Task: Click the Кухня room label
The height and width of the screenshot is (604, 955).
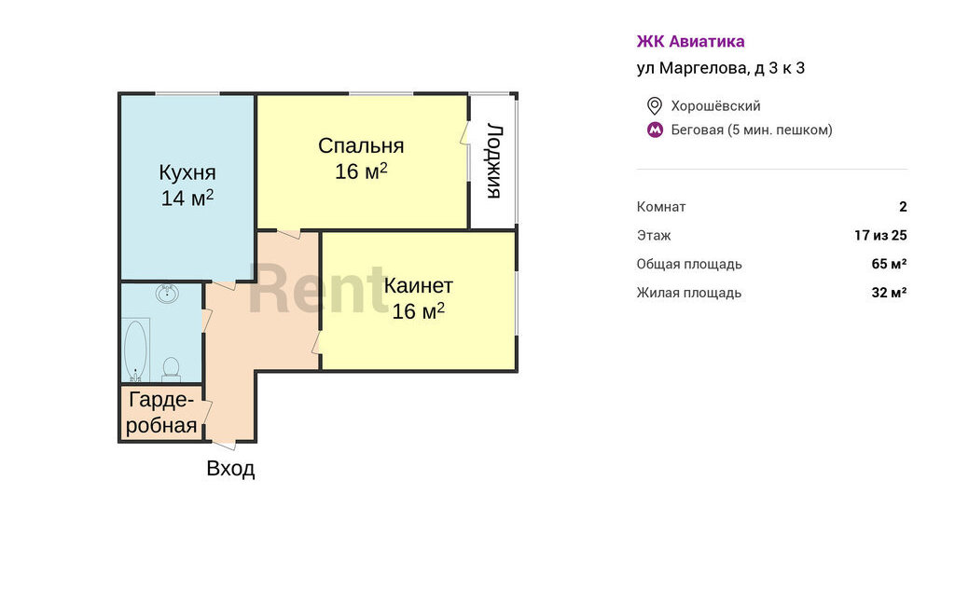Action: point(187,172)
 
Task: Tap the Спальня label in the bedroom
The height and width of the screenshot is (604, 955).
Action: point(361,145)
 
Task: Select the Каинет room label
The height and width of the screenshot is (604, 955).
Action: point(419,285)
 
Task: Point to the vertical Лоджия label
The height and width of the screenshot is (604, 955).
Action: point(494,161)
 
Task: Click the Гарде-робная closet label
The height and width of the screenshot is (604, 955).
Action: point(161,413)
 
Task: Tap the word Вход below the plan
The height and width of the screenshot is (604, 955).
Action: point(230,468)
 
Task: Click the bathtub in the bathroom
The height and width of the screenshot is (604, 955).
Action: point(135,350)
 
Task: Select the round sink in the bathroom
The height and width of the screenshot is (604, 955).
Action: point(167,294)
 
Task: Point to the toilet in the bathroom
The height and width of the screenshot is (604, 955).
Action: point(172,369)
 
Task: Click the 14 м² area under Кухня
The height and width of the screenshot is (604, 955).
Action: point(187,198)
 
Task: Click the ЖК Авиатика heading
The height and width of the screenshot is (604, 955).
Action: point(691,41)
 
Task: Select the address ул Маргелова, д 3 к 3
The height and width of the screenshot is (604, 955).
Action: point(721,68)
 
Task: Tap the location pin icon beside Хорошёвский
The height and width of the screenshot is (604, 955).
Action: point(654,106)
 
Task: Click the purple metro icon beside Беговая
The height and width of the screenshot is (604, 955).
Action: point(655,130)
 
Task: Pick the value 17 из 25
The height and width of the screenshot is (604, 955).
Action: point(880,235)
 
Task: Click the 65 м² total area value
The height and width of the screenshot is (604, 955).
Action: point(889,264)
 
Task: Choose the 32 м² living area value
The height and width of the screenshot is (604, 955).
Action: point(889,293)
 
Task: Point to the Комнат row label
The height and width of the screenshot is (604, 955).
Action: point(661,206)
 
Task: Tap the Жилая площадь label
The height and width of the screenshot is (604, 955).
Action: point(689,293)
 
